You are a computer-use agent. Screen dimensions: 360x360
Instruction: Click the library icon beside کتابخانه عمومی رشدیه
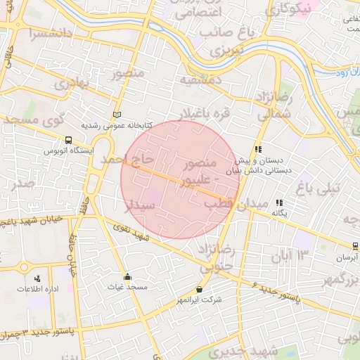click(x=117, y=115)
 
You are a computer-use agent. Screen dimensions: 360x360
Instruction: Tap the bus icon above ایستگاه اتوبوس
click(x=68, y=140)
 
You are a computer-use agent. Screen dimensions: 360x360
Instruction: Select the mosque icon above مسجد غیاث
click(x=127, y=276)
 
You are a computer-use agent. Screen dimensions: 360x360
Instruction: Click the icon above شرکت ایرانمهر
click(x=200, y=289)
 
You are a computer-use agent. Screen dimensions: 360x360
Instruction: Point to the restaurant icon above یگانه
click(x=279, y=202)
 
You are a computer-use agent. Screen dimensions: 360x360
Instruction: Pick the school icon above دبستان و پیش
click(x=258, y=149)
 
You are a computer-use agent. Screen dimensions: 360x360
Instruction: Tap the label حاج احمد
click(x=128, y=160)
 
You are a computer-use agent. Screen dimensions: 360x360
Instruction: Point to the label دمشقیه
click(x=201, y=80)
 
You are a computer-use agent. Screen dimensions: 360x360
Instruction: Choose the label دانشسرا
click(x=49, y=33)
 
